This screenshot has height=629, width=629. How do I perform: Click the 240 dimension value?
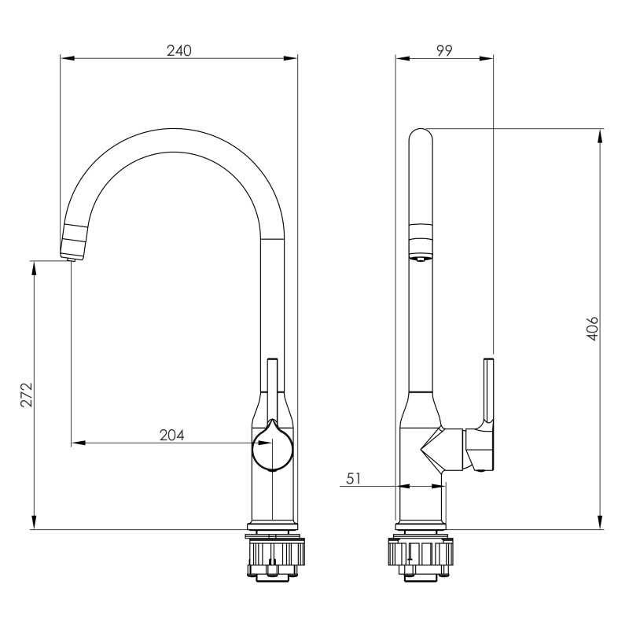[x=179, y=51]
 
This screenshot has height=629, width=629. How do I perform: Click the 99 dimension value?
[x=444, y=51]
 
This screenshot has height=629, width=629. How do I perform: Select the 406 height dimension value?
[x=593, y=329]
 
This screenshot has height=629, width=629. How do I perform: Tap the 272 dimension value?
[x=27, y=395]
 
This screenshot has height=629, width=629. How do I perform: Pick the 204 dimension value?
[x=171, y=436]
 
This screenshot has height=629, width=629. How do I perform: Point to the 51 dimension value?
[x=353, y=479]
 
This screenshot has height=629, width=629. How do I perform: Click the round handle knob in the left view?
[x=272, y=448]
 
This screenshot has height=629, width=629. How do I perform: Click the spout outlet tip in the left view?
[x=72, y=259]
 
